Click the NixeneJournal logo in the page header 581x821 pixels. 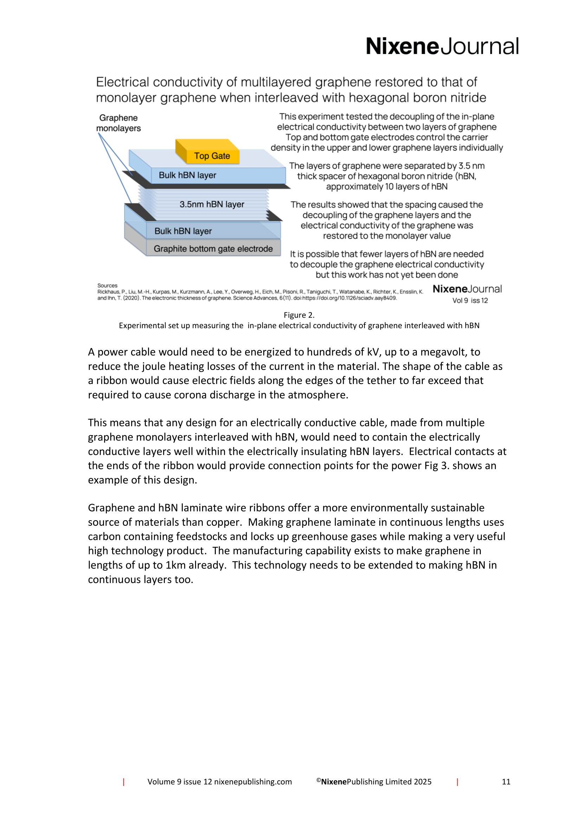coord(442,46)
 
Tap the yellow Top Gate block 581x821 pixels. coord(212,155)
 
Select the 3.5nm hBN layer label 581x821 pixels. coord(212,204)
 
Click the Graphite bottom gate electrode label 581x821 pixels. coord(213,249)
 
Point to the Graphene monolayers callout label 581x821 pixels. coord(118,123)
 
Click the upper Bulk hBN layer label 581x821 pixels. coord(187,175)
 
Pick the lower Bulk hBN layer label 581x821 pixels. coord(183,231)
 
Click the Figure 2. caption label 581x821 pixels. coord(299,315)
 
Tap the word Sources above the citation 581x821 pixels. coord(107,285)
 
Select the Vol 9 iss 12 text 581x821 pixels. coord(470,300)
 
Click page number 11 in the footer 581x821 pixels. coord(506,782)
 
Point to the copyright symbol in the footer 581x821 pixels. coord(318,780)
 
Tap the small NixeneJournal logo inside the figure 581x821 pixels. coord(467,289)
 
